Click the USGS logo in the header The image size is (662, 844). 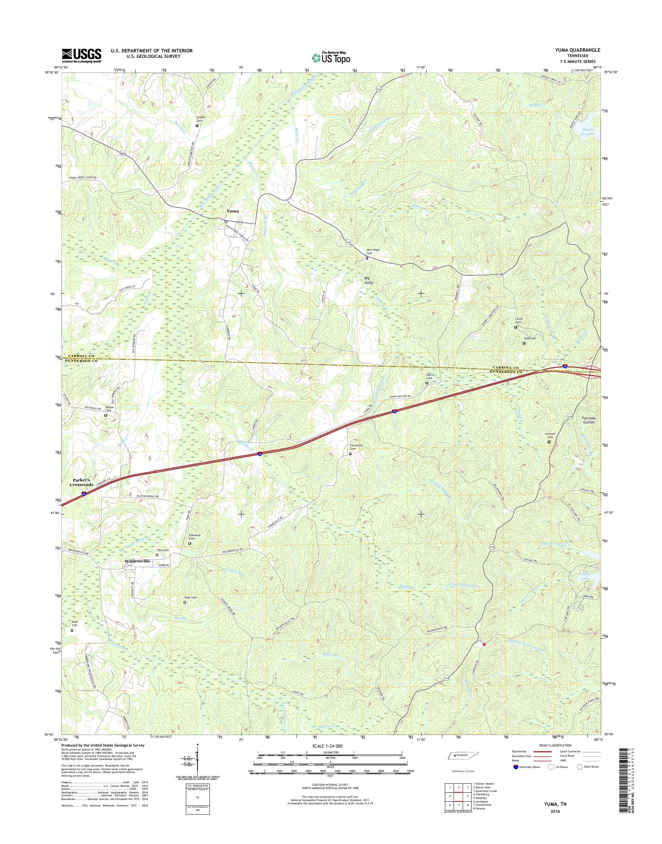point(81,55)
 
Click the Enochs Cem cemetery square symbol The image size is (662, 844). point(197,125)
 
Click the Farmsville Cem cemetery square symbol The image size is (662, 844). point(350,454)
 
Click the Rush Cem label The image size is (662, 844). point(190,597)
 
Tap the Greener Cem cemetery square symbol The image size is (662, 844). point(549,441)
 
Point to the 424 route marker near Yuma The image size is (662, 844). point(240,222)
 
